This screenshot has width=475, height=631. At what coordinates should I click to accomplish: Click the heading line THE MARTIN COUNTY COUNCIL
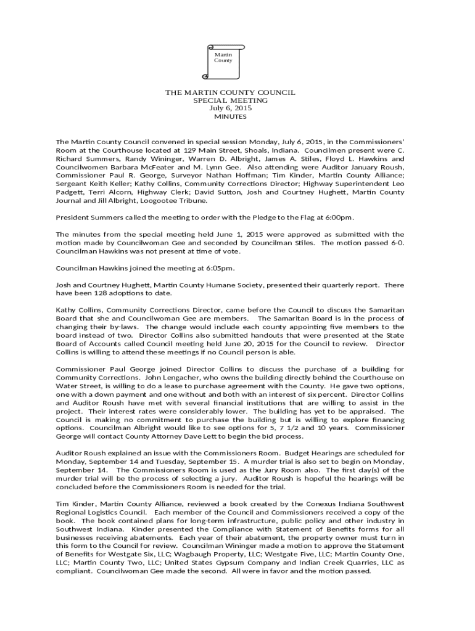click(x=230, y=92)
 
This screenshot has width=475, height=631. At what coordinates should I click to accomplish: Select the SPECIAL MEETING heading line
click(x=230, y=100)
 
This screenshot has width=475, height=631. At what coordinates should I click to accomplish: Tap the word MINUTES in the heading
click(x=230, y=116)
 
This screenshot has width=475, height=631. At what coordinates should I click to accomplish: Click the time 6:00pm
click(x=339, y=218)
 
